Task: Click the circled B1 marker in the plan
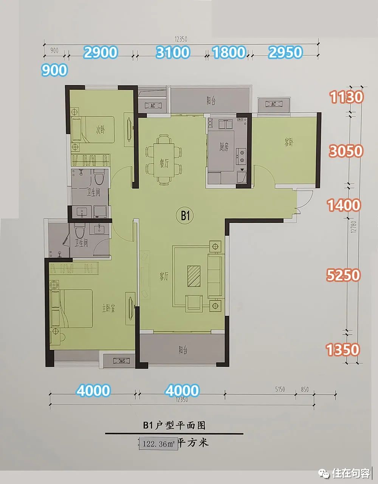[185, 216]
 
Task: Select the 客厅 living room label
[163, 277]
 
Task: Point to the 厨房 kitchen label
[224, 147]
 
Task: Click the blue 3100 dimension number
[173, 52]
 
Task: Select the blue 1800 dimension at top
[229, 52]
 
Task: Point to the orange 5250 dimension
[343, 275]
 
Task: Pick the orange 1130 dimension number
[346, 97]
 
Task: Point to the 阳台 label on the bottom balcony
[183, 350]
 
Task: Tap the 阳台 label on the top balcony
[211, 101]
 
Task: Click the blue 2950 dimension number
[285, 52]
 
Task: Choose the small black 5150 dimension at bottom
[280, 389]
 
